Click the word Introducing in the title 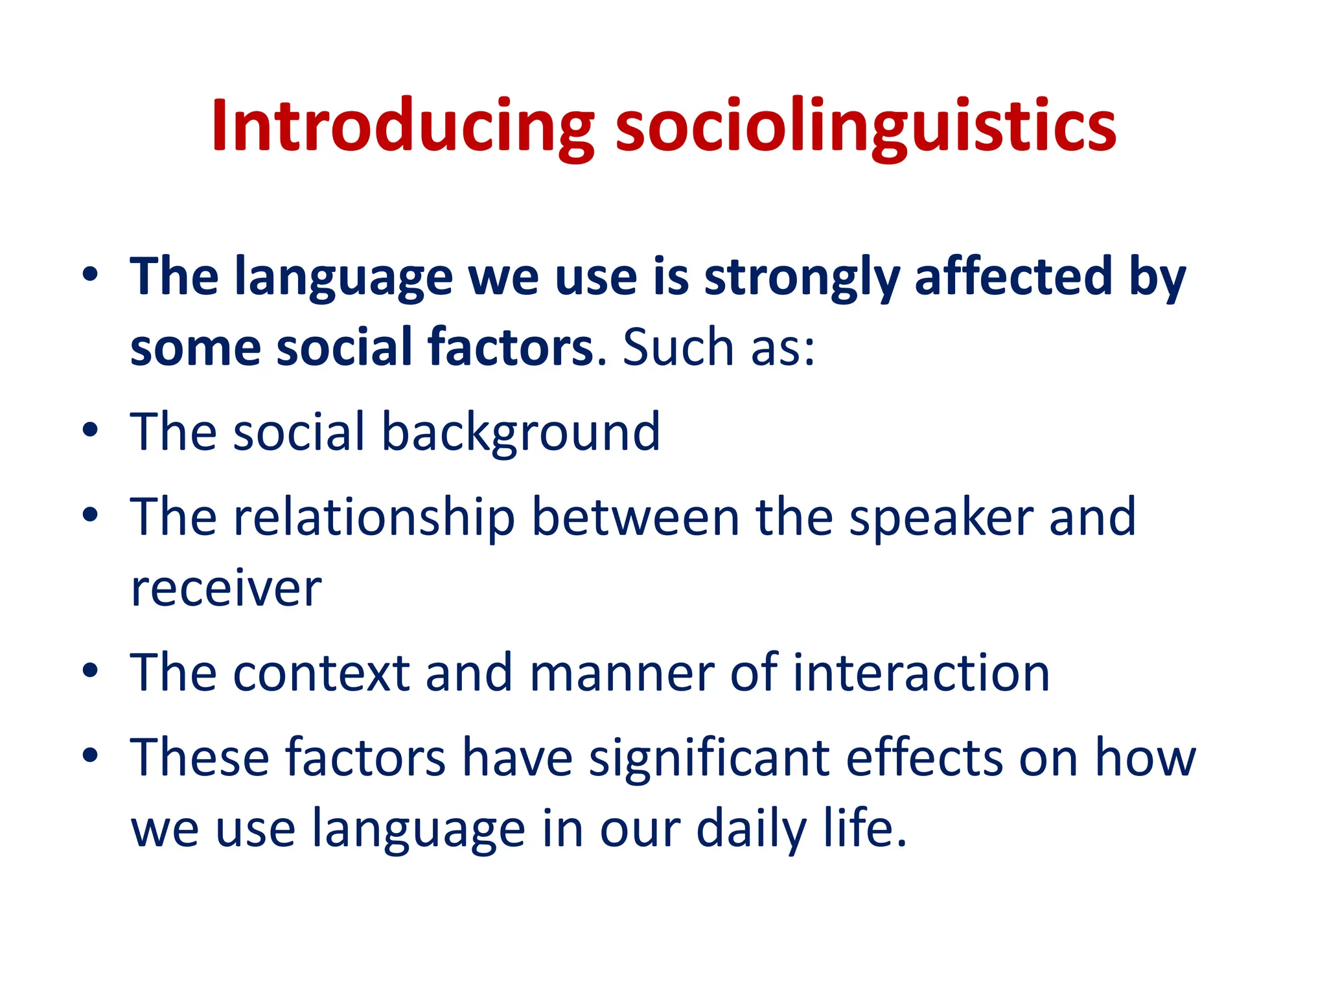point(402,126)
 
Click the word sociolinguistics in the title point(866,126)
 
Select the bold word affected point(1013,277)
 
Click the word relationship point(374,518)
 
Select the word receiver point(225,589)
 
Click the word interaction point(921,674)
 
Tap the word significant point(709,758)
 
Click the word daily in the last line point(752,830)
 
